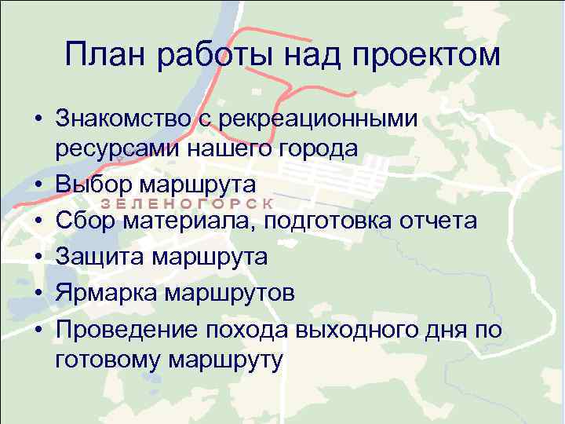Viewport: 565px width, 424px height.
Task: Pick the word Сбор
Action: (84, 221)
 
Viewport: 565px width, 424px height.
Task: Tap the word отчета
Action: (445, 221)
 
